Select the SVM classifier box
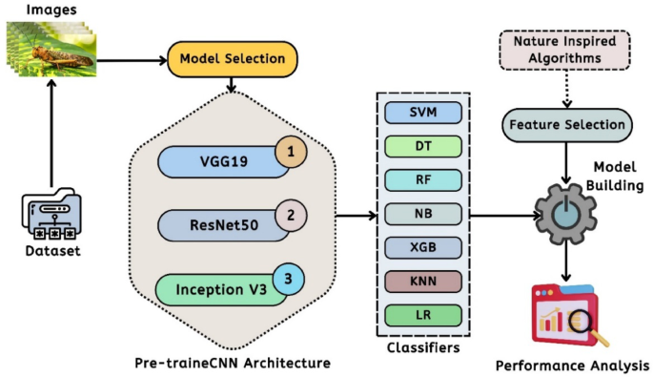(423, 113)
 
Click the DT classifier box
(423, 146)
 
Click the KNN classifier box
(423, 282)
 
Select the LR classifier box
(423, 315)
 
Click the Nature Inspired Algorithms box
(565, 51)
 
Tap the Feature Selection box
(565, 124)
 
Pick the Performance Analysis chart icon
(567, 316)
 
